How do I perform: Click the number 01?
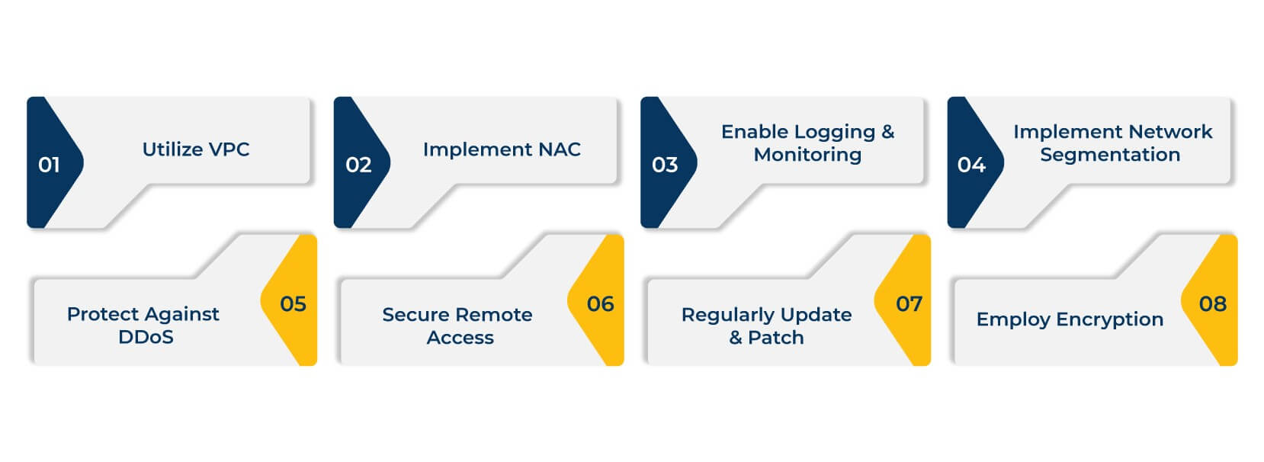tap(49, 165)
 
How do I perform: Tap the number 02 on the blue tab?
tap(358, 165)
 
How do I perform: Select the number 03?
tap(665, 165)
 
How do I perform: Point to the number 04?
tap(971, 165)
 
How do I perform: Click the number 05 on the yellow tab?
tap(293, 304)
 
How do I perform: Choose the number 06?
tap(600, 304)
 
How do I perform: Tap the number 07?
tap(909, 304)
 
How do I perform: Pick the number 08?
tap(1212, 304)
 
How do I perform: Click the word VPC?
tap(229, 149)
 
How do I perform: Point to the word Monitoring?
tap(807, 155)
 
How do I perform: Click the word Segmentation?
tap(1109, 155)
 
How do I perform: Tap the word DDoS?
tap(146, 337)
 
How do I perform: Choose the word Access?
tap(460, 338)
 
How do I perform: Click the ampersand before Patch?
tap(736, 338)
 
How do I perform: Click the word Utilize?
tap(172, 149)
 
